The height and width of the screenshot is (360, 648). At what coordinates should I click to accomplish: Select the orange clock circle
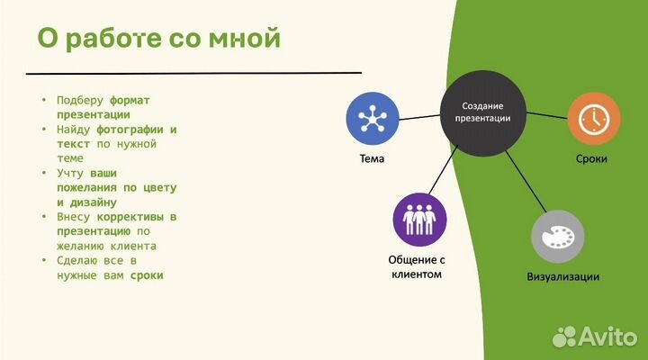click(592, 118)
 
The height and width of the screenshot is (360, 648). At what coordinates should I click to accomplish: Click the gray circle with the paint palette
click(557, 237)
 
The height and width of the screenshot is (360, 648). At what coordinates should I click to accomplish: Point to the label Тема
click(371, 159)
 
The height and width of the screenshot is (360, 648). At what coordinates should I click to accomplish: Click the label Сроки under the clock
click(591, 159)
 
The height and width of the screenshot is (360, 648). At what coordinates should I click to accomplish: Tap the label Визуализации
click(562, 276)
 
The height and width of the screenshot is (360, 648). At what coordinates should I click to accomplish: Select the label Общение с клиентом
click(418, 266)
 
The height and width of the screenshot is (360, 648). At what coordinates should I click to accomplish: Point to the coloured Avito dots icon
click(564, 337)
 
